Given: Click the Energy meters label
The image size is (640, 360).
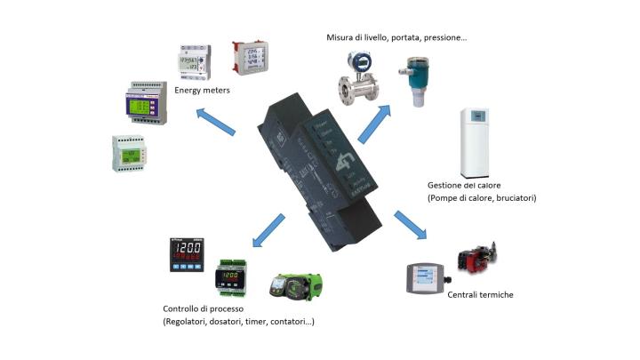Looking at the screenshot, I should (x=202, y=90).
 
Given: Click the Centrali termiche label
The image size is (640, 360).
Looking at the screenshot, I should (x=480, y=294).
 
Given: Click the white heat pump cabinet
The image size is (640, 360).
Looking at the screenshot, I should (x=476, y=142).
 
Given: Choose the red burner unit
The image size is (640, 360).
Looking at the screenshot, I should (x=479, y=258).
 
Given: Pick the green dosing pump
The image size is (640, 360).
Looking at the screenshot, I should (x=298, y=285).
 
